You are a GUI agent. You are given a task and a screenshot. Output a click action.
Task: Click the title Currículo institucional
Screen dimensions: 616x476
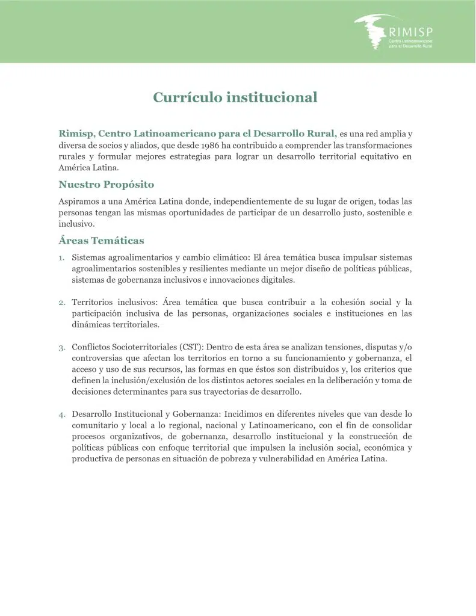coord(235,97)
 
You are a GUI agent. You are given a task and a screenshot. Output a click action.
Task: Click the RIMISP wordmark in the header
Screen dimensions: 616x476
coord(410,31)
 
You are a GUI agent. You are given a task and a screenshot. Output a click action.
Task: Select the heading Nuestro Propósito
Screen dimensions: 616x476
coord(106,185)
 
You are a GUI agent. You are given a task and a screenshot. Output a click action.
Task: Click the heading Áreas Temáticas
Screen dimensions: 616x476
coord(101,241)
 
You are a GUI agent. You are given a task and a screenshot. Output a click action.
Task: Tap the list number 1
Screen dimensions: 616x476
coord(61,258)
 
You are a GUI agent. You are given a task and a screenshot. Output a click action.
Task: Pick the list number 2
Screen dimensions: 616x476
coord(61,303)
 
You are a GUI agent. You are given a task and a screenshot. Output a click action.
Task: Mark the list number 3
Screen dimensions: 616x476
coord(61,348)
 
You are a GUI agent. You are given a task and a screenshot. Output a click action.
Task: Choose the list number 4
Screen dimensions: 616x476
coord(61,414)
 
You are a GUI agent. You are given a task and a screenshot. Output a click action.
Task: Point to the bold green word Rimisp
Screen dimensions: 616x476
coord(76,133)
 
